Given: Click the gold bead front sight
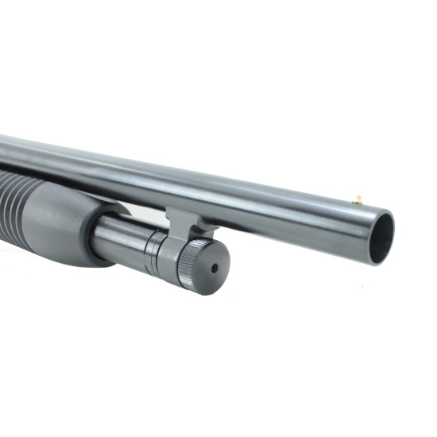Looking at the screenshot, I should pyautogui.click(x=358, y=199).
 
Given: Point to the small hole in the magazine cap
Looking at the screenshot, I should pyautogui.click(x=214, y=269).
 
